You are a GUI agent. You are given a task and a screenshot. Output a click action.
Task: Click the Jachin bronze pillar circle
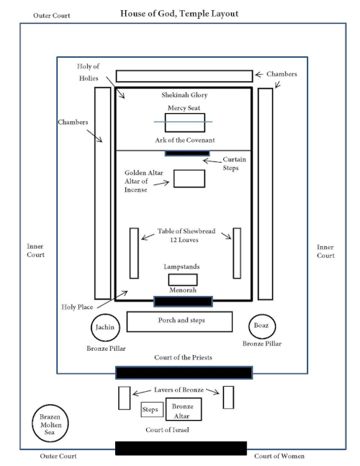pos(91,328)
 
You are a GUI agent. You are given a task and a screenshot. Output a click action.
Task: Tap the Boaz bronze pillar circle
pos(249,326)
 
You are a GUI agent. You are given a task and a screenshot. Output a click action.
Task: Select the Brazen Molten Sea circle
pos(32,424)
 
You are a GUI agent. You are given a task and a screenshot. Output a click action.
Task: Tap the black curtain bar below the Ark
pos(187,153)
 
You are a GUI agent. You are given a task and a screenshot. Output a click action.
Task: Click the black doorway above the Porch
pos(184,301)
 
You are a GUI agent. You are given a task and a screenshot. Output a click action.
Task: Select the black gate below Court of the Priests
pos(184,372)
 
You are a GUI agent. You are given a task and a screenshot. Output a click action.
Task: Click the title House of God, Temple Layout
pos(179,14)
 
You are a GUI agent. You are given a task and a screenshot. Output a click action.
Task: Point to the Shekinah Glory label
pos(184,95)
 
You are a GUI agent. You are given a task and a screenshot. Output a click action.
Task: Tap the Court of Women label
pos(279,456)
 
